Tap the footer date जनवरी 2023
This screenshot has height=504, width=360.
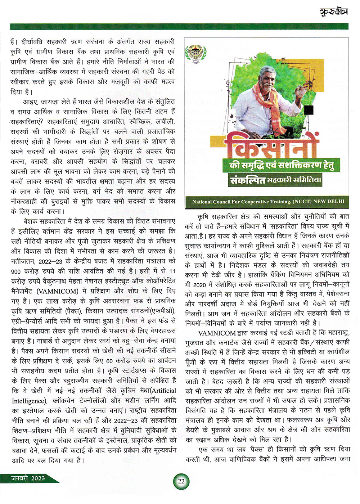(x=28, y=478)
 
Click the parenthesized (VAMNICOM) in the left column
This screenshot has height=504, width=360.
(x=57, y=291)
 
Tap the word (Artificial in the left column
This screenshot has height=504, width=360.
(x=159, y=391)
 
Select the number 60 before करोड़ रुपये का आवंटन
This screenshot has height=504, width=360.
(x=109, y=361)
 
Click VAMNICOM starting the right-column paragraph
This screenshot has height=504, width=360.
(x=217, y=333)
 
